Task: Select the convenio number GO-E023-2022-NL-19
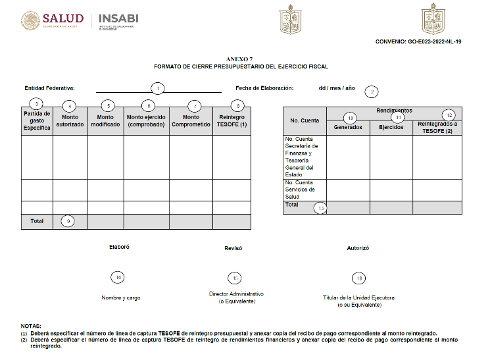pos(418,41)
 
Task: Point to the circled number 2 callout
pos(372,91)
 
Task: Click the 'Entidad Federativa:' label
pos(50,88)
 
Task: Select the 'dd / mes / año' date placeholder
pos(337,88)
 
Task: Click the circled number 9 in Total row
pos(70,221)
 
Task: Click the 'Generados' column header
pos(348,127)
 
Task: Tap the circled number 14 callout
pos(118,278)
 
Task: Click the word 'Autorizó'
pos(358,248)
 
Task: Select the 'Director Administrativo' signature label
pos(236,294)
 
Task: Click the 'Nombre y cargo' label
pos(120,297)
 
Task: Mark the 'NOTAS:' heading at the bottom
pos(31,326)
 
